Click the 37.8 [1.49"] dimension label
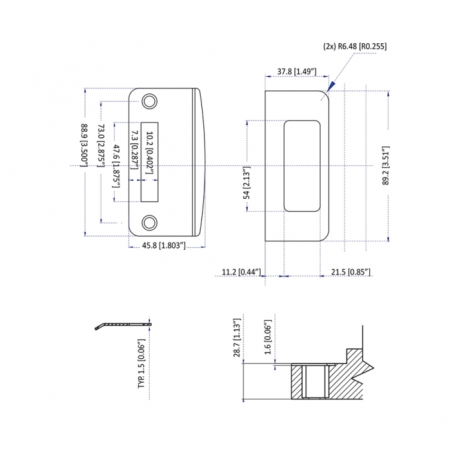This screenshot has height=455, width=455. coord(296,71)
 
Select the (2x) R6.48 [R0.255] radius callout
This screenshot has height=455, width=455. coord(355,46)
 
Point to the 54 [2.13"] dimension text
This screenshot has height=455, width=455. coord(247,166)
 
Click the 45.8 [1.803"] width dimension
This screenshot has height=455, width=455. coord(164,246)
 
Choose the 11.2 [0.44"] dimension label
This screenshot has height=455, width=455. coord(241,272)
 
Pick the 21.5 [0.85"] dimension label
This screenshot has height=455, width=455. coord(350,272)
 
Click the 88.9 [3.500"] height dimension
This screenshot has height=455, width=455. coord(84,145)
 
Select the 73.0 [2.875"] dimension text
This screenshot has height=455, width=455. coord(100,146)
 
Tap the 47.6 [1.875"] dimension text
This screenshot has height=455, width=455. coord(116,166)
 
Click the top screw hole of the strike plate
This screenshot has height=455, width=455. coord(150,101)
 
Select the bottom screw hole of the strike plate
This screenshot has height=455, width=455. coord(150,221)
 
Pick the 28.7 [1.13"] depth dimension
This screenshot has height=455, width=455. coord(238,338)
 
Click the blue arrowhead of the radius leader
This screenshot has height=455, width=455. coord(331,86)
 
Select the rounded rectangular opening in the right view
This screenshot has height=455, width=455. coord(302,165)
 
